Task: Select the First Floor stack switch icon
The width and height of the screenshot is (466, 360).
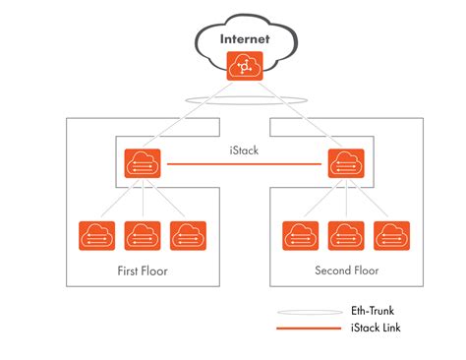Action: (144, 163)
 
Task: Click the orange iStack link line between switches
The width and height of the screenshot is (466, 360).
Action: (245, 164)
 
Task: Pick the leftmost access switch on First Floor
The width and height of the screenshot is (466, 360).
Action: (97, 236)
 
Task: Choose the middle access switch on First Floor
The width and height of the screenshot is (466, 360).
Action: (144, 236)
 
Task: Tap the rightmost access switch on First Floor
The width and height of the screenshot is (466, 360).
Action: (189, 236)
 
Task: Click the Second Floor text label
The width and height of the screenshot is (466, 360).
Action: (347, 270)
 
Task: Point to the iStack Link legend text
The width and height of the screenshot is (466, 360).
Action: (379, 327)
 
